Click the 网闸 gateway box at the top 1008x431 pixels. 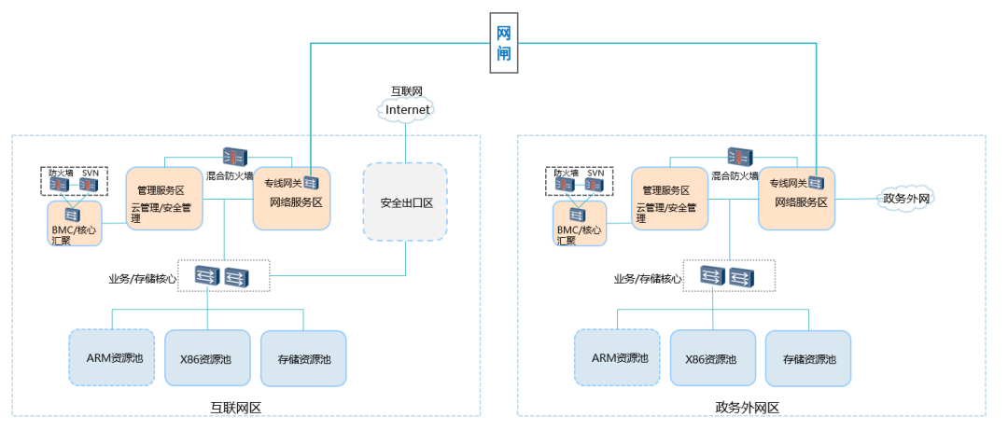[x=503, y=42]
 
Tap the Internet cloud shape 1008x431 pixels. [x=408, y=110]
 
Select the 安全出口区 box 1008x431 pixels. [x=405, y=203]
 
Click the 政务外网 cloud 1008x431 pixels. [x=904, y=198]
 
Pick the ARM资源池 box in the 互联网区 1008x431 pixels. [x=111, y=357]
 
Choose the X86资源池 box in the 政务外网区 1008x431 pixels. [x=712, y=357]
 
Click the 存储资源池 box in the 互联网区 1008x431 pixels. [x=303, y=358]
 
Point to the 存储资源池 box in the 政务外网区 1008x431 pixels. [x=808, y=358]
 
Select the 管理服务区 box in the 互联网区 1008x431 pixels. [x=164, y=198]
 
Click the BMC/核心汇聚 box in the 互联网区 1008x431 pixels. [x=73, y=224]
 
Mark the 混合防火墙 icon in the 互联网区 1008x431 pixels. [x=233, y=157]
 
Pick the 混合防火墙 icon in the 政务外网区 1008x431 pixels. [x=739, y=157]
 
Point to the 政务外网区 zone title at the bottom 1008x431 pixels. [x=747, y=407]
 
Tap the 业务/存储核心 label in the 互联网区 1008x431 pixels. [x=141, y=278]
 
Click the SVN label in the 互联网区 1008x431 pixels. [x=90, y=174]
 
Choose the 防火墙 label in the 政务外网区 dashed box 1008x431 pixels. [x=567, y=174]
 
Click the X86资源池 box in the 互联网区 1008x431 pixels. [x=207, y=357]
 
